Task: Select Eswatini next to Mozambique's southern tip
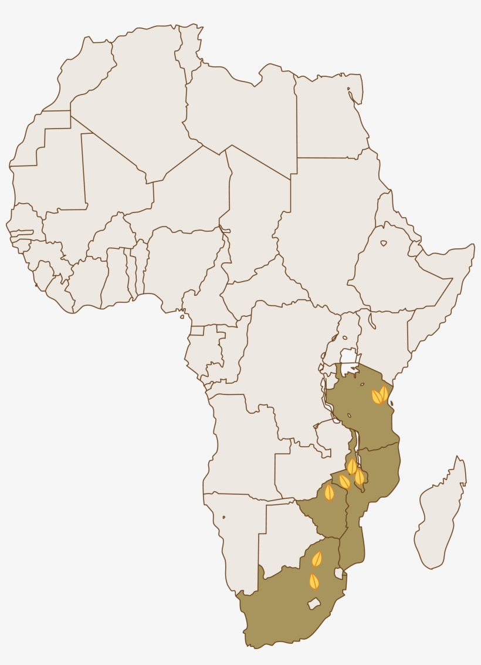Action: (x=338, y=573)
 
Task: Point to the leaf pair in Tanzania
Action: (x=380, y=395)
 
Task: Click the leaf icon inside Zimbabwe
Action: (x=330, y=492)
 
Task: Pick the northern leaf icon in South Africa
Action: (x=317, y=559)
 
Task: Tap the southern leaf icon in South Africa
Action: (x=314, y=581)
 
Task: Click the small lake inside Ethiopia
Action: (x=384, y=243)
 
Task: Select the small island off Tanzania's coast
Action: (x=391, y=403)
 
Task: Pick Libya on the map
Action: (x=240, y=112)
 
